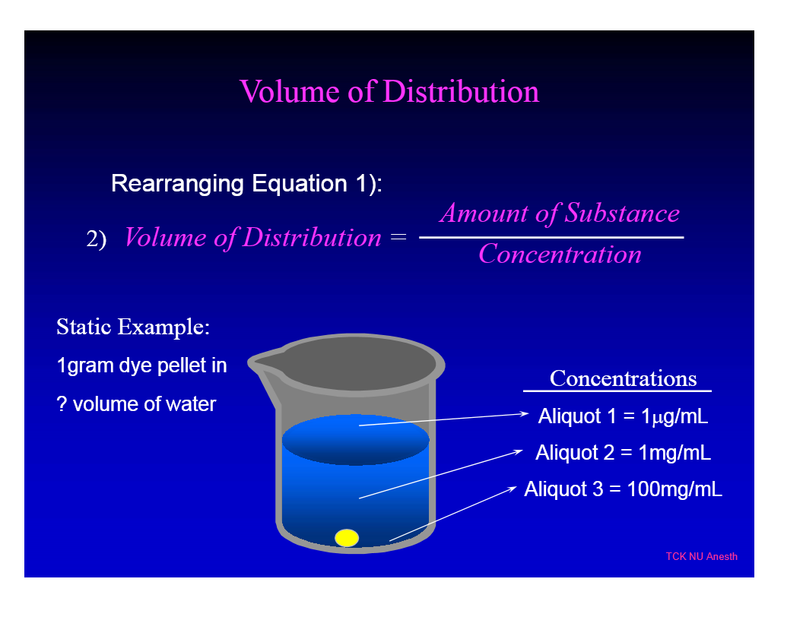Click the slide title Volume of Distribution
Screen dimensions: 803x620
[x=389, y=92]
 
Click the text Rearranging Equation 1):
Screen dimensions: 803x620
[x=246, y=184]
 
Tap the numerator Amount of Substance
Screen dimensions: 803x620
[x=560, y=214]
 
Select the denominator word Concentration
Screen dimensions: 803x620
[x=560, y=254]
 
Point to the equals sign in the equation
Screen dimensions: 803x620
[x=398, y=238]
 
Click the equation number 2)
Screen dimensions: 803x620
[x=96, y=239]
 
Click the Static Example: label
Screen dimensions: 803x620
[x=133, y=327]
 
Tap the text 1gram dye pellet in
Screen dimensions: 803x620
[x=142, y=365]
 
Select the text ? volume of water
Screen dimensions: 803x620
[x=137, y=403]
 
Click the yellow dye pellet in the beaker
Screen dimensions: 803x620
[x=347, y=538]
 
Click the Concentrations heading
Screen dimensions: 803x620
[x=623, y=378]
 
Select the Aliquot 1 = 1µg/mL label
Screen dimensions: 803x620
[x=624, y=416]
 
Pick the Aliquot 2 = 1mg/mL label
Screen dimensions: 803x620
[x=624, y=453]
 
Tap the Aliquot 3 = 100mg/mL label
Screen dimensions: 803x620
[x=624, y=489]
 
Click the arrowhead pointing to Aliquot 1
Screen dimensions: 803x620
[x=524, y=414]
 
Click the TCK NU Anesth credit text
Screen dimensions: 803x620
[x=701, y=556]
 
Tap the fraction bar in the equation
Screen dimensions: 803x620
[x=551, y=238]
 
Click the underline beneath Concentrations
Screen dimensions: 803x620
[x=617, y=391]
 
